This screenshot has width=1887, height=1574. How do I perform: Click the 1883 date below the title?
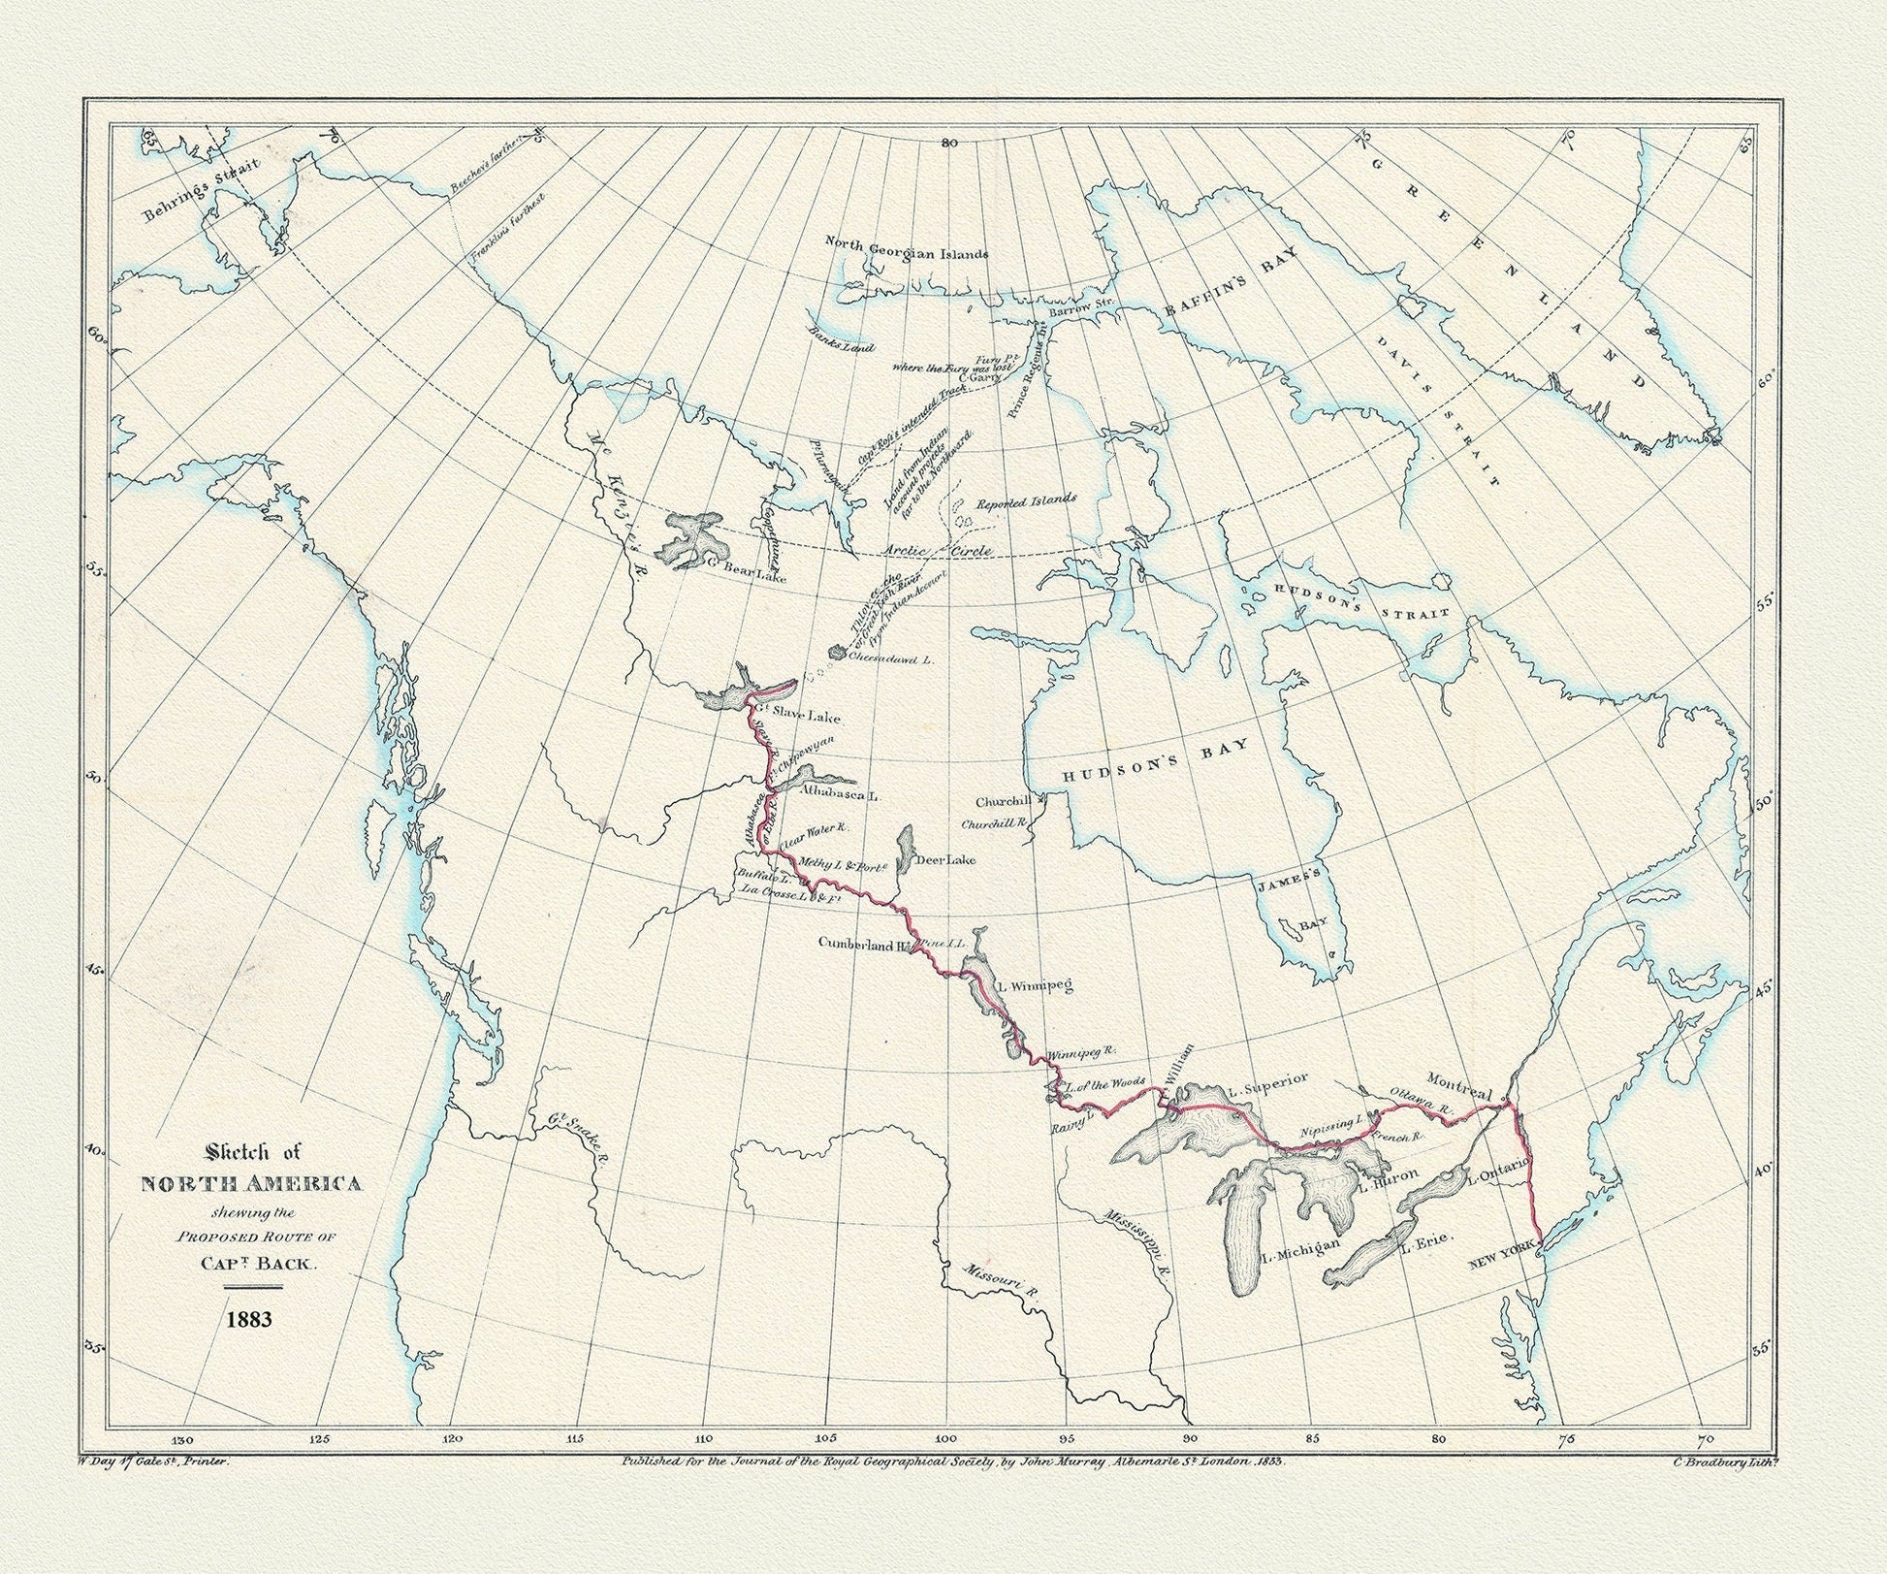pos(250,1319)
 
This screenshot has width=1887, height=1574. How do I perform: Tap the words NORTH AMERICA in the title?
pos(252,1184)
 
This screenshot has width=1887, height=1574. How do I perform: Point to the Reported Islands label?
pos(1026,500)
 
